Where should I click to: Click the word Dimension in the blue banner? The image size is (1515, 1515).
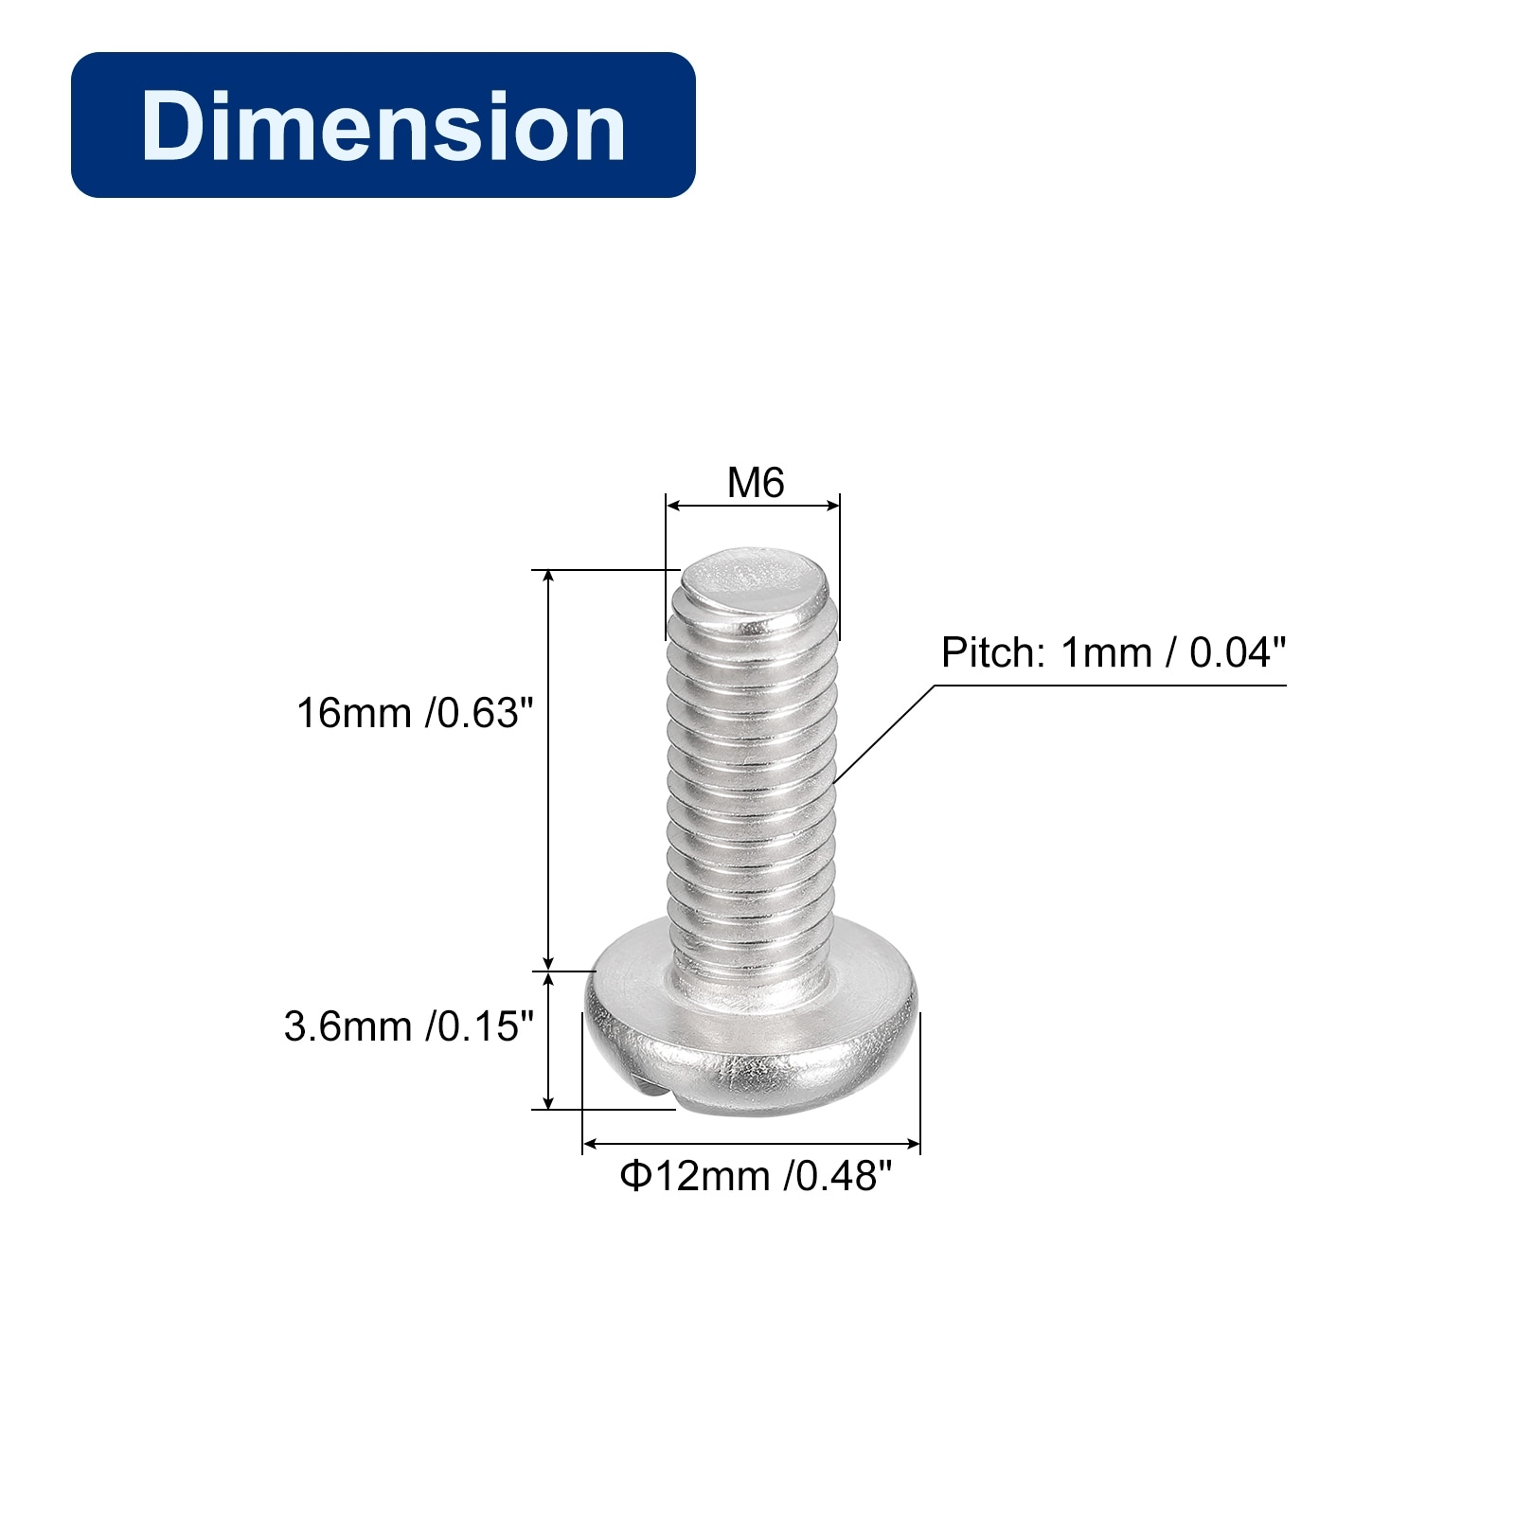(x=383, y=125)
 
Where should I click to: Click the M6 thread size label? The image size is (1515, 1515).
(x=756, y=483)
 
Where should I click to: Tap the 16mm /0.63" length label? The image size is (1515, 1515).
(x=415, y=713)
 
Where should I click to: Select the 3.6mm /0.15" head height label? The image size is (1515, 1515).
(x=409, y=1026)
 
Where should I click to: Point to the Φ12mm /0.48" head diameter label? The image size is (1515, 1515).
(x=756, y=1176)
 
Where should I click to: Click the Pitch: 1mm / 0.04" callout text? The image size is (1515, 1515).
(x=1114, y=652)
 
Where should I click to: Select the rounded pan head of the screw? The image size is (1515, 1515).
(x=752, y=1026)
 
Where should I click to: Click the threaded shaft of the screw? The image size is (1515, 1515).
(x=752, y=776)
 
